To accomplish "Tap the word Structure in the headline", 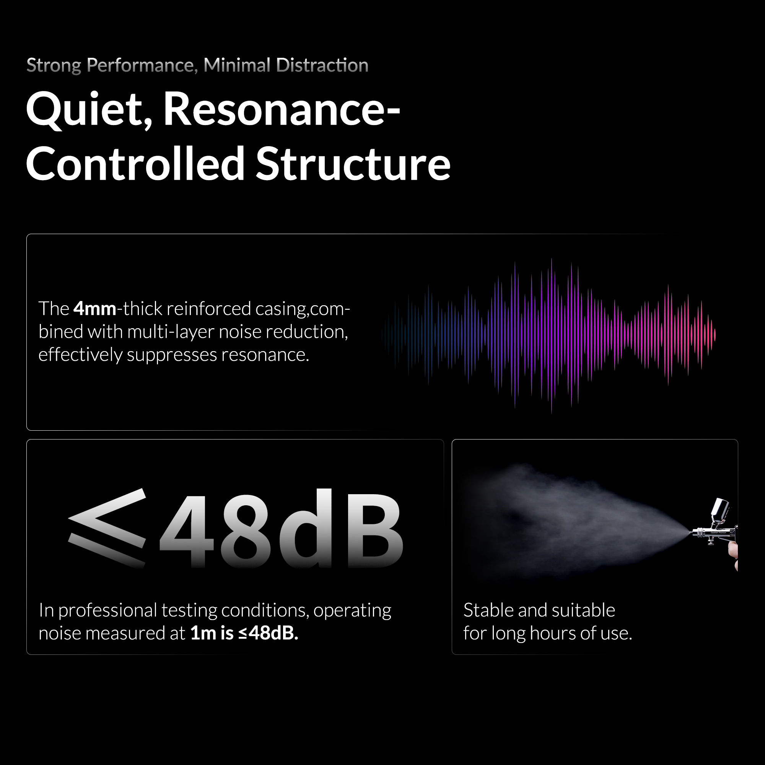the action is [x=353, y=164].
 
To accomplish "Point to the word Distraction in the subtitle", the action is [x=322, y=65].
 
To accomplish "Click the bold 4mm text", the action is [x=95, y=308].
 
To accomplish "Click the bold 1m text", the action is [x=203, y=633].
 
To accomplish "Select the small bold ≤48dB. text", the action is [x=268, y=633].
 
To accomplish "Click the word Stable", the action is [x=488, y=610].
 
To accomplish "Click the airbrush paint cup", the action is [x=719, y=510].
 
